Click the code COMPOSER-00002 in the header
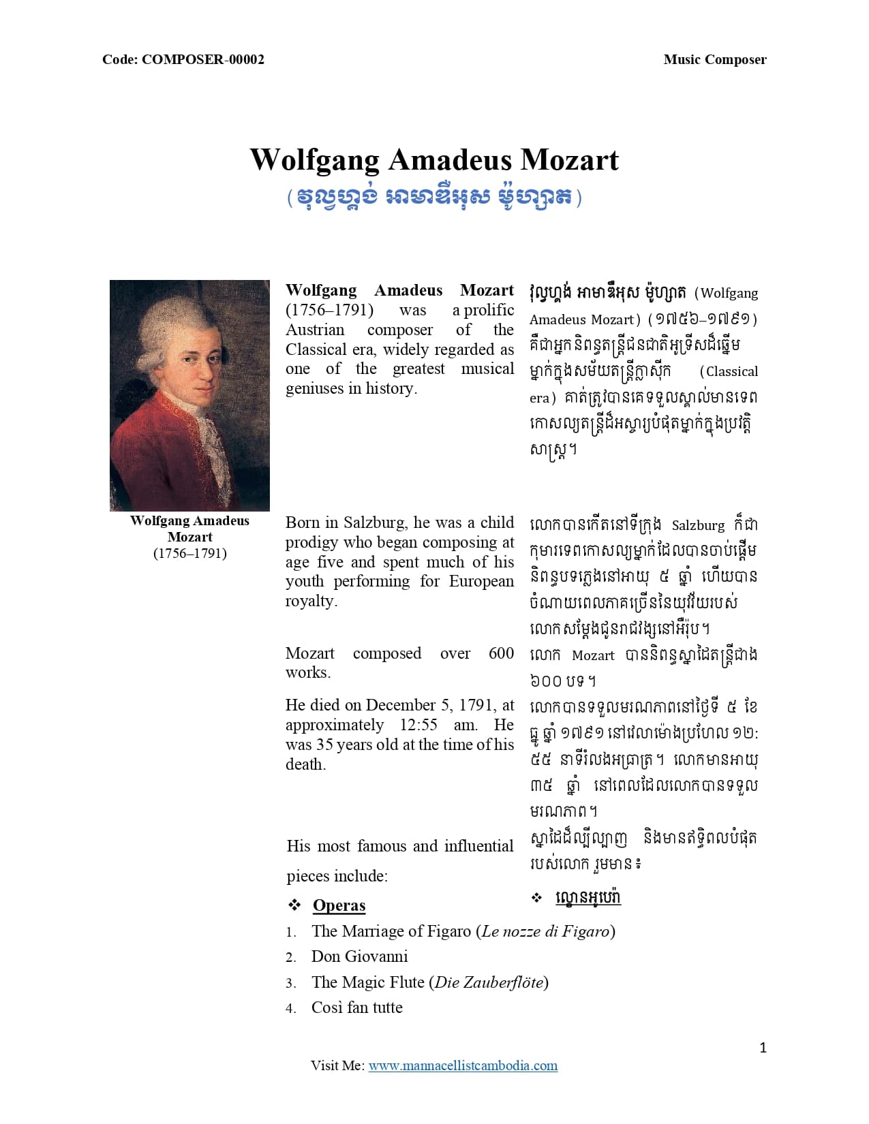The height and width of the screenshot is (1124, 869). pos(203,59)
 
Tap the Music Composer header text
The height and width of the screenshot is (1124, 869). pos(714,59)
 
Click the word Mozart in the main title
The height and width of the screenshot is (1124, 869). pos(569,160)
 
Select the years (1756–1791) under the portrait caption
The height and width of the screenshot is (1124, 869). pos(189,553)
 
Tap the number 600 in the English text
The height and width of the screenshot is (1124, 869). pos(501,653)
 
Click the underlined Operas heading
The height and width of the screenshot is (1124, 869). pos(339,905)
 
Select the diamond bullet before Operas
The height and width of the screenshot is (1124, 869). pos(294,905)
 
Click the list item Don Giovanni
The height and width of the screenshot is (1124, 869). pos(359,956)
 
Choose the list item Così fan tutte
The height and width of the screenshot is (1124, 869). pos(356,1008)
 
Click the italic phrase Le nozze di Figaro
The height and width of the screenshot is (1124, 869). pos(545,931)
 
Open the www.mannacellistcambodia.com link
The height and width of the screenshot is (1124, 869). pos(463,1065)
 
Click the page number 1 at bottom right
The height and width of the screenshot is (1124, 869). pos(763,1048)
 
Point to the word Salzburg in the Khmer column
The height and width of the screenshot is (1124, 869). pos(698,525)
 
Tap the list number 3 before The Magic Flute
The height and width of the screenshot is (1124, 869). pos(290,983)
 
